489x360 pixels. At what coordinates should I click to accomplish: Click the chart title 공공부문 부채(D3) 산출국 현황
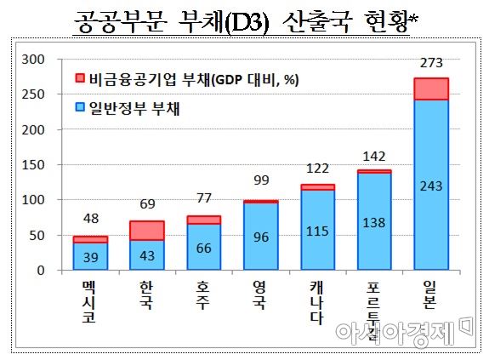(244, 20)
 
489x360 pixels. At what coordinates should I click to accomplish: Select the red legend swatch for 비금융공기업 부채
(81, 78)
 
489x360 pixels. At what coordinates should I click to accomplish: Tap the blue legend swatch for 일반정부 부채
(81, 108)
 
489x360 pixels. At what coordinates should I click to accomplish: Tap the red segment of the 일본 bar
(432, 89)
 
